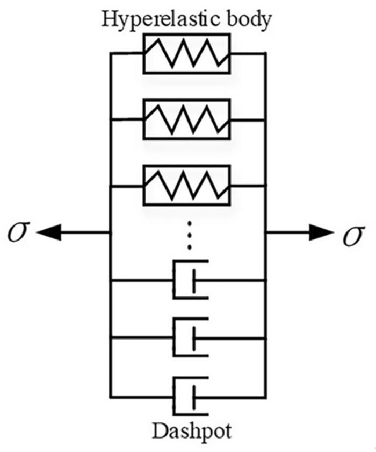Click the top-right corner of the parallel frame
tap(265, 54)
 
